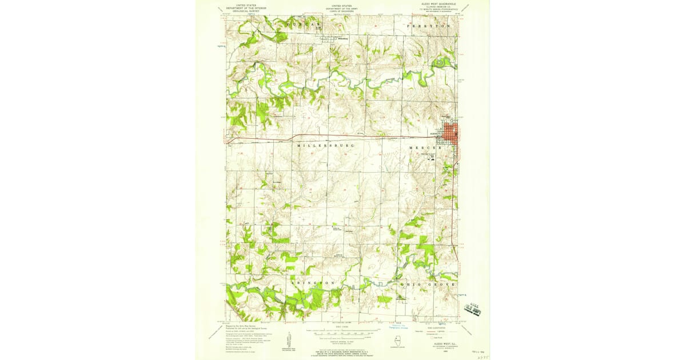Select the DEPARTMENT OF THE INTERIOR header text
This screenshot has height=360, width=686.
pyautogui.click(x=242, y=8)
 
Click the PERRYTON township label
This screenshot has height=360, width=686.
pyautogui.click(x=429, y=26)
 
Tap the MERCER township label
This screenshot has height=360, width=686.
pyautogui.click(x=425, y=147)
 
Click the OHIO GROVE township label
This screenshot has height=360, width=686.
pyautogui.click(x=428, y=284)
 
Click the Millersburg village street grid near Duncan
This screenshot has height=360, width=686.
pyautogui.click(x=327, y=39)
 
